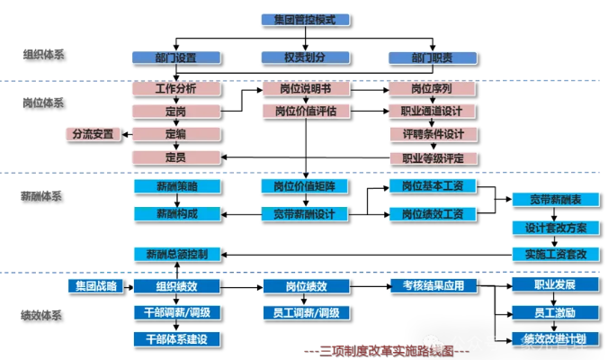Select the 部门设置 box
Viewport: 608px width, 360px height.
pyautogui.click(x=175, y=58)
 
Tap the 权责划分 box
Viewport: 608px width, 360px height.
pyautogui.click(x=306, y=58)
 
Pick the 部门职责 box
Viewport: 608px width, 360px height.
pyautogui.click(x=433, y=58)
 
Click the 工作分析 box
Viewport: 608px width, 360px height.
pyautogui.click(x=175, y=89)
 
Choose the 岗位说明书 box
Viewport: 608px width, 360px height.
pyautogui.click(x=306, y=89)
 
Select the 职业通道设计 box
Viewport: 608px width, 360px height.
pyautogui.click(x=433, y=112)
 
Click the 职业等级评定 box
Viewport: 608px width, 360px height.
pyautogui.click(x=433, y=157)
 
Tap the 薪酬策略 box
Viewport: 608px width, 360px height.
pyautogui.click(x=177, y=186)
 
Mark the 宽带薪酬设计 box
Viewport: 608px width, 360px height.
pyautogui.click(x=306, y=214)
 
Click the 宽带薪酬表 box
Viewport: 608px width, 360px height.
pyautogui.click(x=550, y=200)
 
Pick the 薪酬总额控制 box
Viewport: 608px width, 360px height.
pyautogui.click(x=177, y=254)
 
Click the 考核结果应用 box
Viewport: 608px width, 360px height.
pyautogui.click(x=433, y=286)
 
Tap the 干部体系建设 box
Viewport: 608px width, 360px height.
pyautogui.click(x=177, y=338)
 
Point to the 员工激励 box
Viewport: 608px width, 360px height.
pyautogui.click(x=550, y=312)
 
